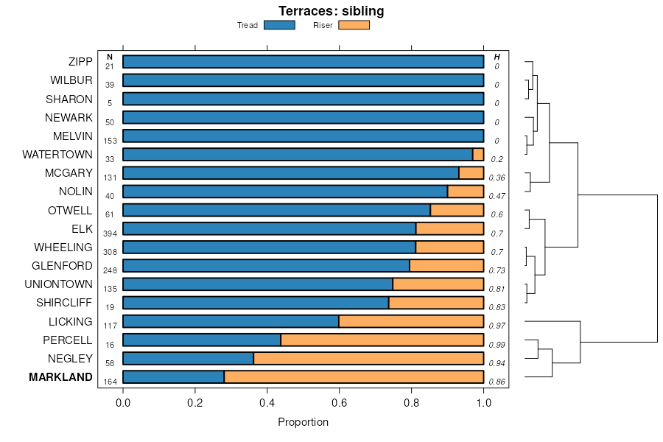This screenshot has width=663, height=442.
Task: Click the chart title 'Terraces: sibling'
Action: (331, 11)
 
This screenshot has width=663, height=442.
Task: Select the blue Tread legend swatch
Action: (279, 25)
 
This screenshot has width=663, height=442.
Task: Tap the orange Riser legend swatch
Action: (354, 25)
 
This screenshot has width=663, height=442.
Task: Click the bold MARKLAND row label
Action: (60, 377)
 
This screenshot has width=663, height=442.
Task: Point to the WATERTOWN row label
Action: (57, 155)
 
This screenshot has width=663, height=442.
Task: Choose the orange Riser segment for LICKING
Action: (411, 321)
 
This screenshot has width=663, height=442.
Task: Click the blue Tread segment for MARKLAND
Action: (173, 377)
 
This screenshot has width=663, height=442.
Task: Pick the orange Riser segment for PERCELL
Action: (382, 340)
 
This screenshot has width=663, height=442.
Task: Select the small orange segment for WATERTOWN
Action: (478, 155)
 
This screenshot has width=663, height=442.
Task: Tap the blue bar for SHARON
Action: (303, 99)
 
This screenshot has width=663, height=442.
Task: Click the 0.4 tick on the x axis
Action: (267, 402)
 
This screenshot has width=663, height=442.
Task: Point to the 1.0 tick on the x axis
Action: (483, 402)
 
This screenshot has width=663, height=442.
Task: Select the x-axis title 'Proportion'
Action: (303, 422)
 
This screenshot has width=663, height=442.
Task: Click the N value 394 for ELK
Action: (110, 234)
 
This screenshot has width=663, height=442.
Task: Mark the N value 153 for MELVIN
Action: (110, 141)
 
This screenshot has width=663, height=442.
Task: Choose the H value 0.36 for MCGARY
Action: (497, 178)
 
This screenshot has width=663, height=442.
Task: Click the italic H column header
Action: (497, 57)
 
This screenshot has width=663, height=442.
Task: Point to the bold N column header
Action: (110, 57)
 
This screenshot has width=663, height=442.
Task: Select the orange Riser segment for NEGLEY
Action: (368, 359)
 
